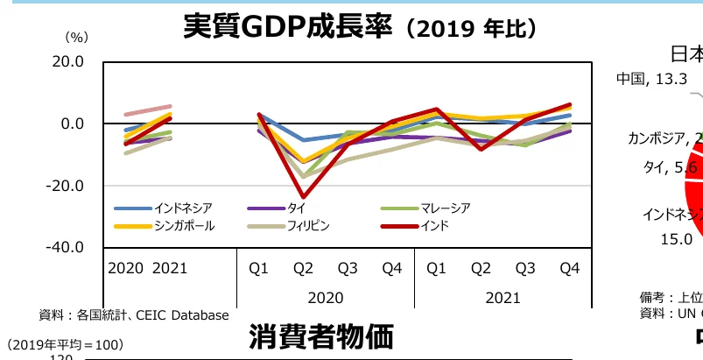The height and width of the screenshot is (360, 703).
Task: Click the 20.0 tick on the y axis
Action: [67, 62]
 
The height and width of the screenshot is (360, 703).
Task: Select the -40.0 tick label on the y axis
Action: [65, 247]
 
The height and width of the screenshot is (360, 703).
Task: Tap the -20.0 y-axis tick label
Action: [65, 186]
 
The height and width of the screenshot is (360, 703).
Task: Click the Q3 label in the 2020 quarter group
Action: [348, 268]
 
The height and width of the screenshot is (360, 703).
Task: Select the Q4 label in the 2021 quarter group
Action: [569, 268]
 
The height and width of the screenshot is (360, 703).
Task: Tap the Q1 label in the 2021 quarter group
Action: [437, 268]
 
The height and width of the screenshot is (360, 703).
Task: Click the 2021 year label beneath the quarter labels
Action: [502, 296]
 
